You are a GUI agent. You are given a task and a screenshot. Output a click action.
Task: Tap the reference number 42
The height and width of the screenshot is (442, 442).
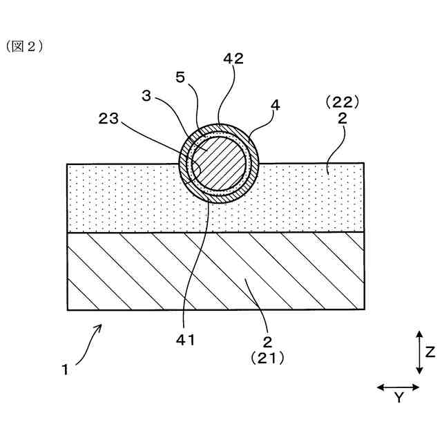coord(233,60)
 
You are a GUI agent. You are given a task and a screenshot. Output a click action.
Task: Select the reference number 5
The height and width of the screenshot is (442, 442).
coord(180,77)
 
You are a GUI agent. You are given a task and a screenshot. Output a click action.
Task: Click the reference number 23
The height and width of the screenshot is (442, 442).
coord(109,119)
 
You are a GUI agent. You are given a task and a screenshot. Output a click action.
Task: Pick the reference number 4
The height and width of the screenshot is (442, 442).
coord(276,106)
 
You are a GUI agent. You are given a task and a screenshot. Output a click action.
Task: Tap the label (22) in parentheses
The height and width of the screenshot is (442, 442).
coord(342,102)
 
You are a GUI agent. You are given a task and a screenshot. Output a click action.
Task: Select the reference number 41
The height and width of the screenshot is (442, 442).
coord(186,340)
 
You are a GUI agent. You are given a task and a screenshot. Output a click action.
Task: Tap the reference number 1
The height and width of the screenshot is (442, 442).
coord(64,369)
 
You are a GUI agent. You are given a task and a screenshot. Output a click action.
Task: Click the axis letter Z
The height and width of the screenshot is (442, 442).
coord(430,352)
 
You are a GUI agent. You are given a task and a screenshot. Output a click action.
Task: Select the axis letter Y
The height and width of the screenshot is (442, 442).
coord(398,397)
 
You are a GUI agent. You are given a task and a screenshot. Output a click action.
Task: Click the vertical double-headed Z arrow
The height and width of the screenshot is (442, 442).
coord(419,352)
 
